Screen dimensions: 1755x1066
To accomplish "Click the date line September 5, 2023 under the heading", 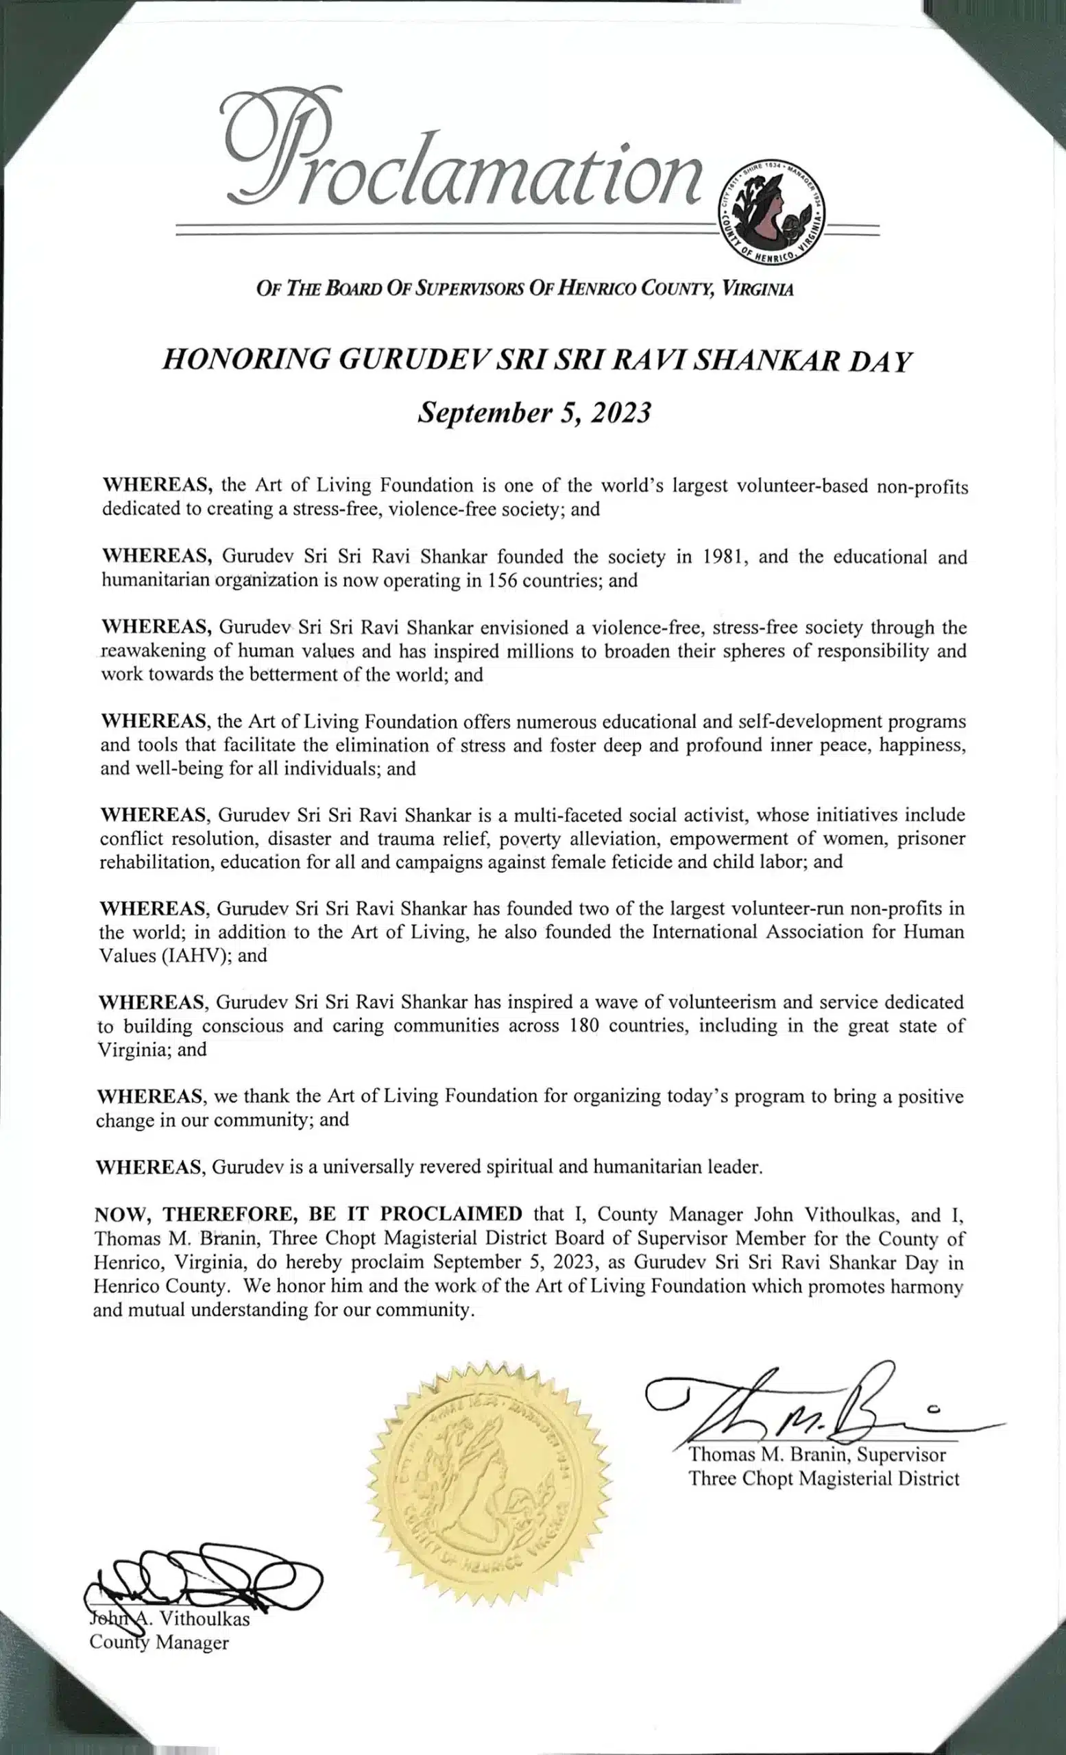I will (x=533, y=413).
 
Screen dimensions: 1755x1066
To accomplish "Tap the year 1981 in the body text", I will (x=725, y=556).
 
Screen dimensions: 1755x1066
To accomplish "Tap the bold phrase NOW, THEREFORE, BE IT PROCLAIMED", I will (x=308, y=1213).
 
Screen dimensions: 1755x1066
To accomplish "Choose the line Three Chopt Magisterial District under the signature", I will (x=823, y=1479).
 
